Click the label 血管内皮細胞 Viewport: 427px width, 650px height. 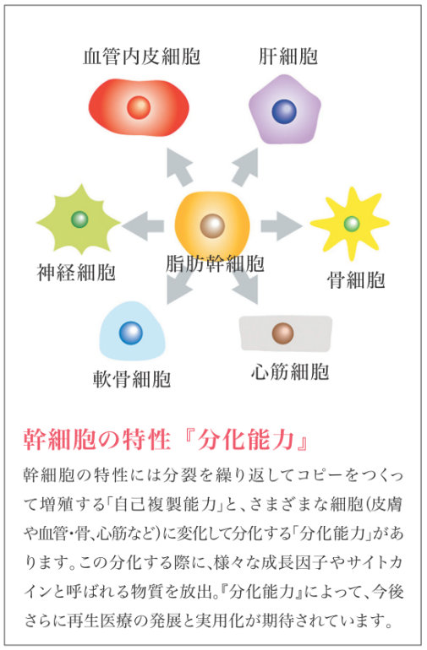tap(141, 57)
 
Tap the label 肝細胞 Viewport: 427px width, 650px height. tap(288, 57)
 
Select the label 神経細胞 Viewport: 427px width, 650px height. tap(76, 273)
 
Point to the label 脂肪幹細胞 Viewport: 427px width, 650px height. tap(215, 263)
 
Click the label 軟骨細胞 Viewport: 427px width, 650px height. tap(132, 379)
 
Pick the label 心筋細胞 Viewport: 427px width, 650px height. tap(290, 371)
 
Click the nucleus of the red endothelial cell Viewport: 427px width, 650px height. tap(139, 107)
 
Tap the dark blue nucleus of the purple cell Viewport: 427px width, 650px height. tap(285, 111)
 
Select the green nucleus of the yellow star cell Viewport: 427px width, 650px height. tap(352, 224)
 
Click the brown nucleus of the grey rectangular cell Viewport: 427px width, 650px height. tap(283, 333)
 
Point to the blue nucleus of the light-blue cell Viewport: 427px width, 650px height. tap(131, 333)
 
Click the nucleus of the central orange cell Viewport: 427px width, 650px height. tap(212, 226)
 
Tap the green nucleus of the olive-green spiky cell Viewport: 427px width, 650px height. tap(79, 219)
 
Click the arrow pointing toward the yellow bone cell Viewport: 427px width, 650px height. tap(282, 226)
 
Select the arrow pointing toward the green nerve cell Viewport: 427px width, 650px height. tap(143, 226)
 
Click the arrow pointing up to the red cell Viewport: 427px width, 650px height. tap(179, 166)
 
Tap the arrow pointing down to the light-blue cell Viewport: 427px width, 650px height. tap(179, 287)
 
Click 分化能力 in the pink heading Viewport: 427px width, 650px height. tap(246, 440)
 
